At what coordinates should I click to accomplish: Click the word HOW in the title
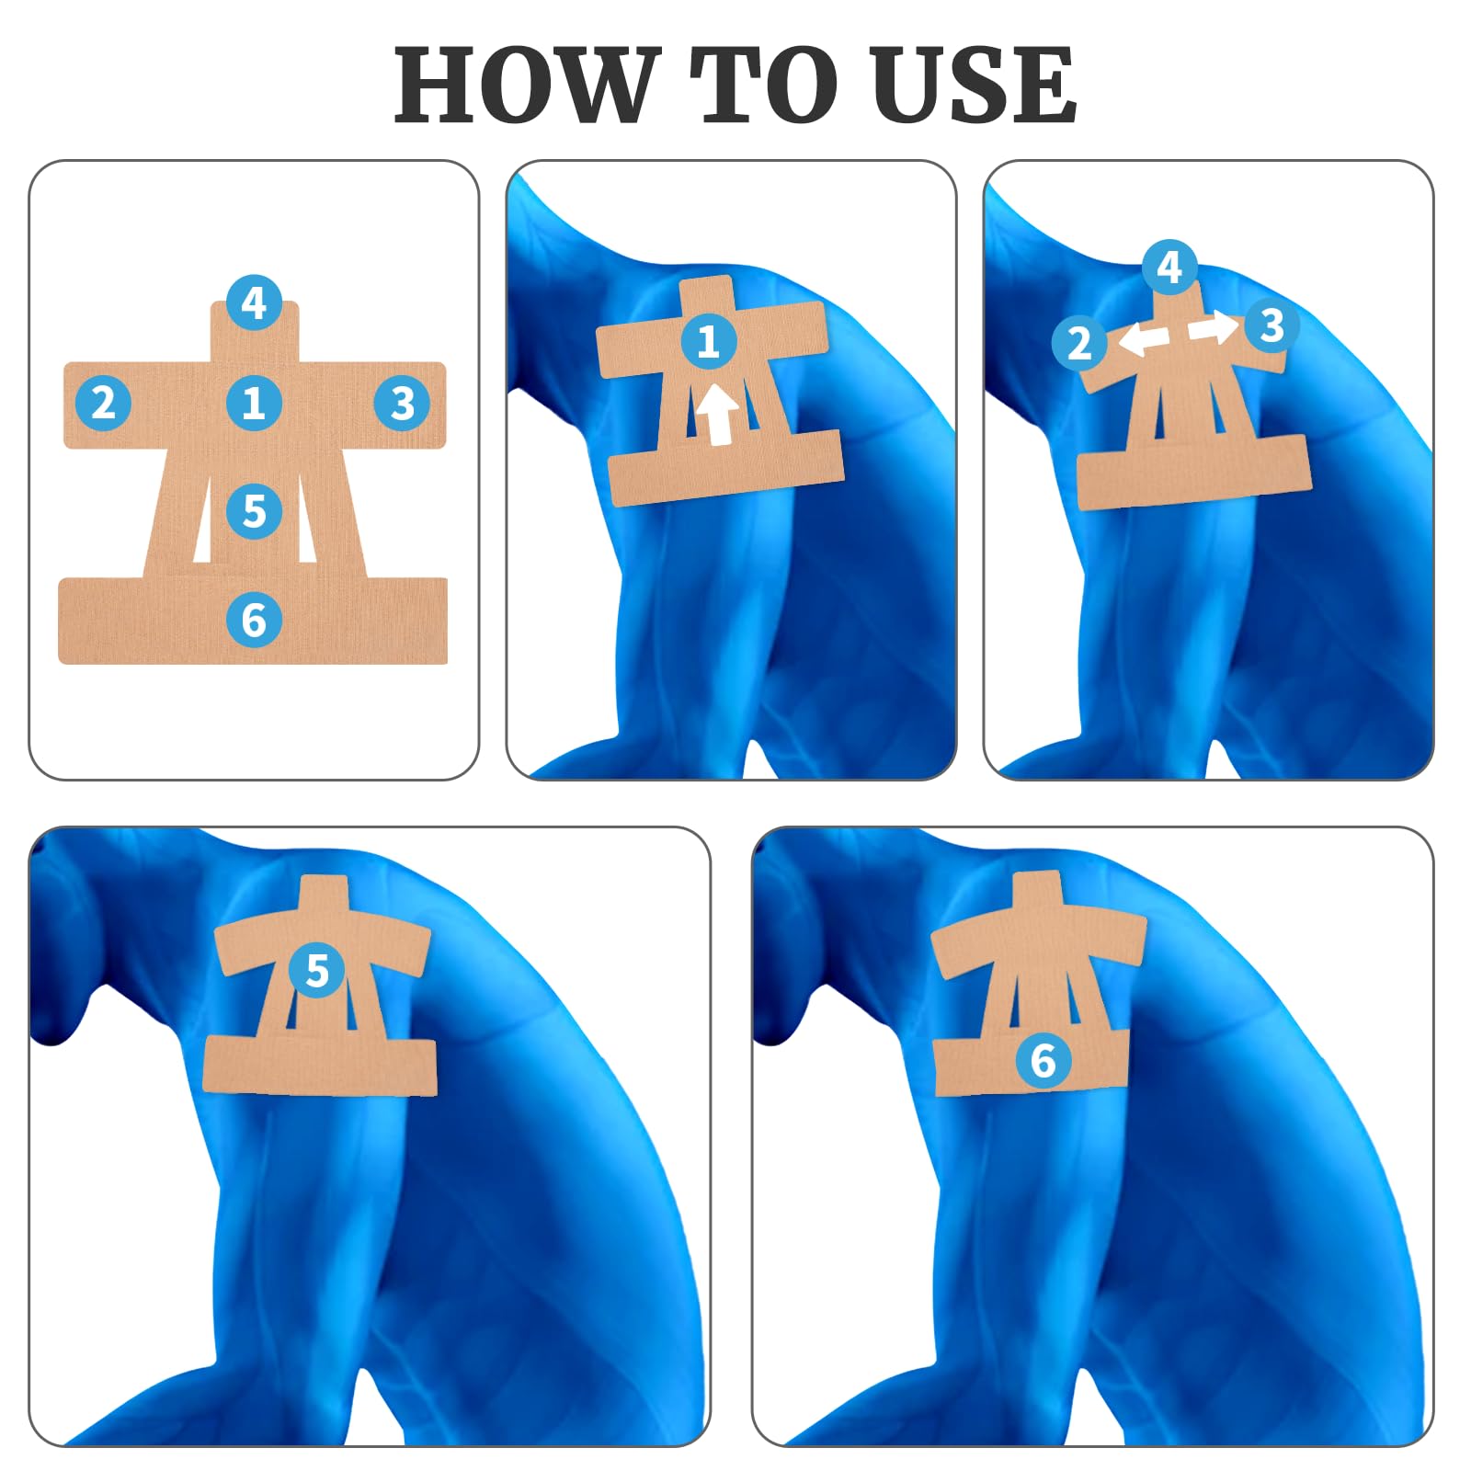[x=528, y=85]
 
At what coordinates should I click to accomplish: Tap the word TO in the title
[x=765, y=85]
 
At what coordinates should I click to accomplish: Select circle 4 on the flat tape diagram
[x=254, y=302]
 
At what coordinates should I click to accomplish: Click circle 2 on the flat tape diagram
[x=103, y=403]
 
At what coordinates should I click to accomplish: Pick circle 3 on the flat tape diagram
[x=403, y=403]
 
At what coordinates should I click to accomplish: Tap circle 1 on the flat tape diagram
[x=254, y=403]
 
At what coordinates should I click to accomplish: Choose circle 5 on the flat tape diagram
[x=254, y=511]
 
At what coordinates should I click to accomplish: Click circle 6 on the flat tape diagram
[x=254, y=620]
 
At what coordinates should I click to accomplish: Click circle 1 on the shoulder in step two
[x=709, y=342]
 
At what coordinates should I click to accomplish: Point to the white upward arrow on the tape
[x=717, y=415]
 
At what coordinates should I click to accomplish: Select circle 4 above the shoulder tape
[x=1169, y=268]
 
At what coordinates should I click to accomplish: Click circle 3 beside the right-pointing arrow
[x=1271, y=325]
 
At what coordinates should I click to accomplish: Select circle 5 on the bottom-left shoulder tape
[x=317, y=970]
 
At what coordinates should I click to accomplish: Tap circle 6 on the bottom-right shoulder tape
[x=1043, y=1061]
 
